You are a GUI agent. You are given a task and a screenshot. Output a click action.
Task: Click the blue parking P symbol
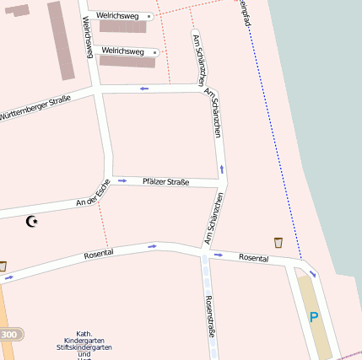[314, 318]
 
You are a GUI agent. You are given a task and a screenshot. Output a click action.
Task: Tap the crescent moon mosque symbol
[33, 222]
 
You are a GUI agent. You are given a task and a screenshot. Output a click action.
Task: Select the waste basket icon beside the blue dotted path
[278, 243]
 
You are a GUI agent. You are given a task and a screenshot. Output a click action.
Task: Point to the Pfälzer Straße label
[165, 182]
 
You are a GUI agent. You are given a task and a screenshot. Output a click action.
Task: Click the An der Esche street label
[93, 198]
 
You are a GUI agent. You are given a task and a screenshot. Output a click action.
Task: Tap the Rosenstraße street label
[211, 315]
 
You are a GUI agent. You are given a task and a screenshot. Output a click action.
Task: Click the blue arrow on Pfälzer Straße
[122, 180]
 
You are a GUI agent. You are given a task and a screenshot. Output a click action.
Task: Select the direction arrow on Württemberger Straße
[144, 88]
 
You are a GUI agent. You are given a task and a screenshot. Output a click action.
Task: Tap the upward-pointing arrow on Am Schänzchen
[222, 169]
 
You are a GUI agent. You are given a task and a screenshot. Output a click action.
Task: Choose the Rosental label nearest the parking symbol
[253, 257]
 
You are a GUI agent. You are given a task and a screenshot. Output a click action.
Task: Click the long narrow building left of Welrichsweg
[60, 40]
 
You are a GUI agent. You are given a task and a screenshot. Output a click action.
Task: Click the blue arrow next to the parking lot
[311, 273]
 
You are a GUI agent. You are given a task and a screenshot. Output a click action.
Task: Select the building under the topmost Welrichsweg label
[122, 27]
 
